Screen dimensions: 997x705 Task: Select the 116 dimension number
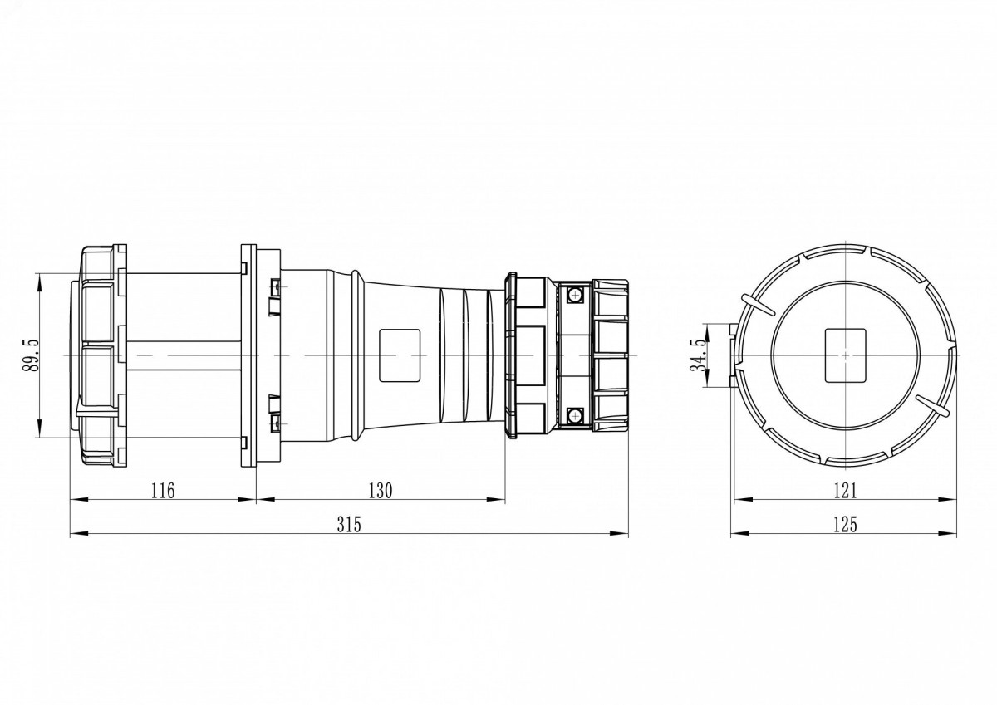(163, 491)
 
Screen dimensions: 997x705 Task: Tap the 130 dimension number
(381, 491)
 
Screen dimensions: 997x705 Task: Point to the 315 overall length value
(349, 525)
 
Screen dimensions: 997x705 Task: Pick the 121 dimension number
(844, 491)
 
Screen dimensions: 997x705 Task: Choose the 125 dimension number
(844, 525)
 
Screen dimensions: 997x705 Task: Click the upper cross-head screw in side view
(576, 295)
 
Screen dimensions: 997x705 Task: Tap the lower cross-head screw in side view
(576, 416)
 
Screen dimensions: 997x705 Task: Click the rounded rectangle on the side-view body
(400, 355)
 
